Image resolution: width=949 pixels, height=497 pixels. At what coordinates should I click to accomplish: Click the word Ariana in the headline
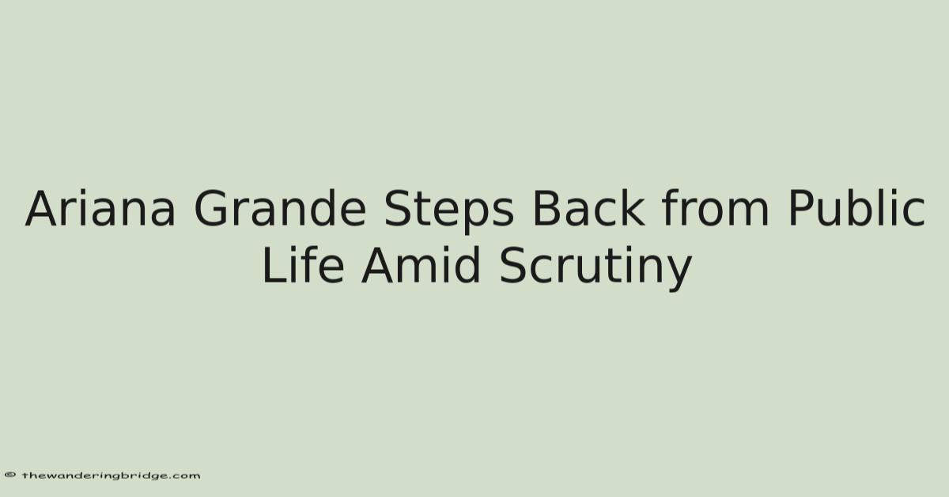(100, 209)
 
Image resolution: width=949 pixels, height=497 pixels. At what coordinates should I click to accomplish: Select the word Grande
(280, 209)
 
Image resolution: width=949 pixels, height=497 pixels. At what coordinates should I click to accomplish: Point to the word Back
(589, 208)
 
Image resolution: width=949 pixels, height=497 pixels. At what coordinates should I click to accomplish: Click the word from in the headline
(716, 208)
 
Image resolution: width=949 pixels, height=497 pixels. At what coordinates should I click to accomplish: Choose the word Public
(856, 208)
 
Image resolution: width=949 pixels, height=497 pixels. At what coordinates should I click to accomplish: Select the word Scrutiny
(595, 268)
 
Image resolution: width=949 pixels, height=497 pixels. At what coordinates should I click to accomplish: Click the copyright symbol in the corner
(9, 475)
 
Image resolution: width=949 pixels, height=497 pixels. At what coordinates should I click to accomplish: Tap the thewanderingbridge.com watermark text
(111, 476)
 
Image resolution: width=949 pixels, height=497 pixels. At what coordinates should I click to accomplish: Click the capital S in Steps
(399, 208)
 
